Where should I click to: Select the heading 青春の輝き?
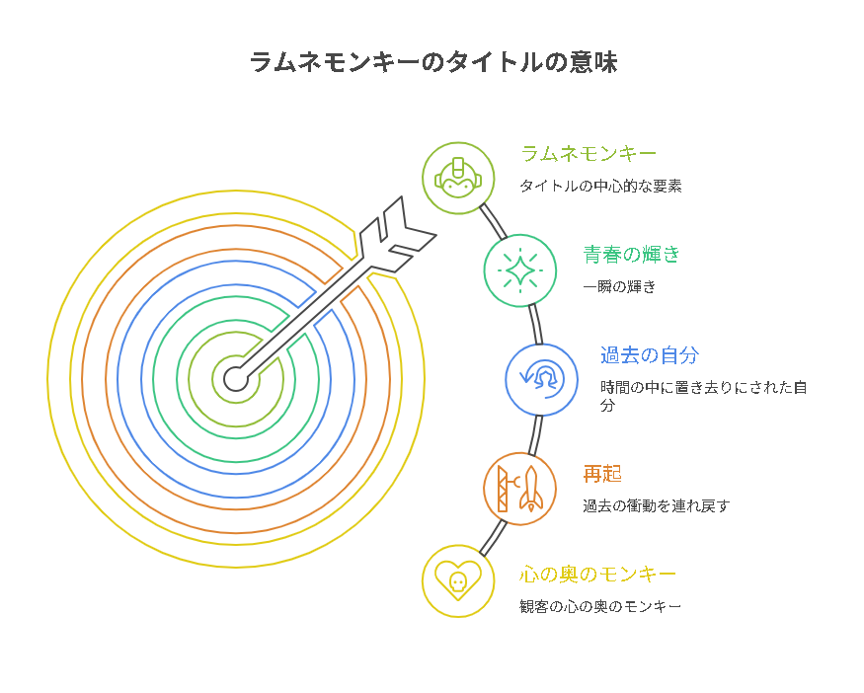point(631,254)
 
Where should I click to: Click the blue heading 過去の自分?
point(649,354)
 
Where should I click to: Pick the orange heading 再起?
point(602,474)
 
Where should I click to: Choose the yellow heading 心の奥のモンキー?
point(597,574)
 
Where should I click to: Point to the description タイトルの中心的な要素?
point(600,186)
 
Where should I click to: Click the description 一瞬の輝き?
point(619,286)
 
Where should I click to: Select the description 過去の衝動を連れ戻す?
point(656,506)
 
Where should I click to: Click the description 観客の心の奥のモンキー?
point(599,606)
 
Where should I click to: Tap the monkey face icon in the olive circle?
point(458,179)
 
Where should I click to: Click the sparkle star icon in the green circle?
point(520,269)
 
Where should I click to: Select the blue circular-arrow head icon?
point(542,379)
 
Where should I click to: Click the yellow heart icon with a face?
point(458,581)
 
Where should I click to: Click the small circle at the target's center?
point(234,378)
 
